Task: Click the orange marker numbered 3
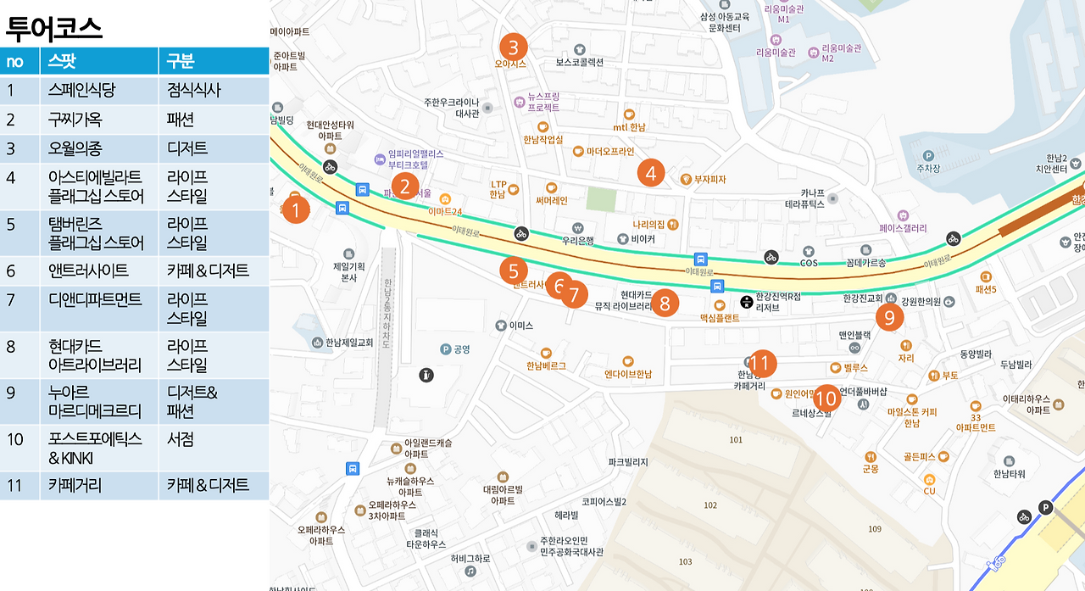tap(514, 46)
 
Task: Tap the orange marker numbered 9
tap(889, 317)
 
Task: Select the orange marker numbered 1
tap(295, 209)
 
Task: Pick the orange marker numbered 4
tap(650, 173)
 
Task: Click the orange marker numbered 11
tap(761, 364)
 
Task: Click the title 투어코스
tap(54, 29)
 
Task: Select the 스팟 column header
tap(63, 61)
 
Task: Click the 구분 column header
tap(181, 61)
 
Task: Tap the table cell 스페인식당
tap(82, 91)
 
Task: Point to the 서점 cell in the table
tap(181, 439)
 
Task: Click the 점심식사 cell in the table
tap(194, 91)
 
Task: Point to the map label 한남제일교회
tap(349, 343)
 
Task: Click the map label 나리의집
tap(648, 225)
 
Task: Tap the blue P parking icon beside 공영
tap(445, 349)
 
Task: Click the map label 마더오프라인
tap(610, 152)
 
